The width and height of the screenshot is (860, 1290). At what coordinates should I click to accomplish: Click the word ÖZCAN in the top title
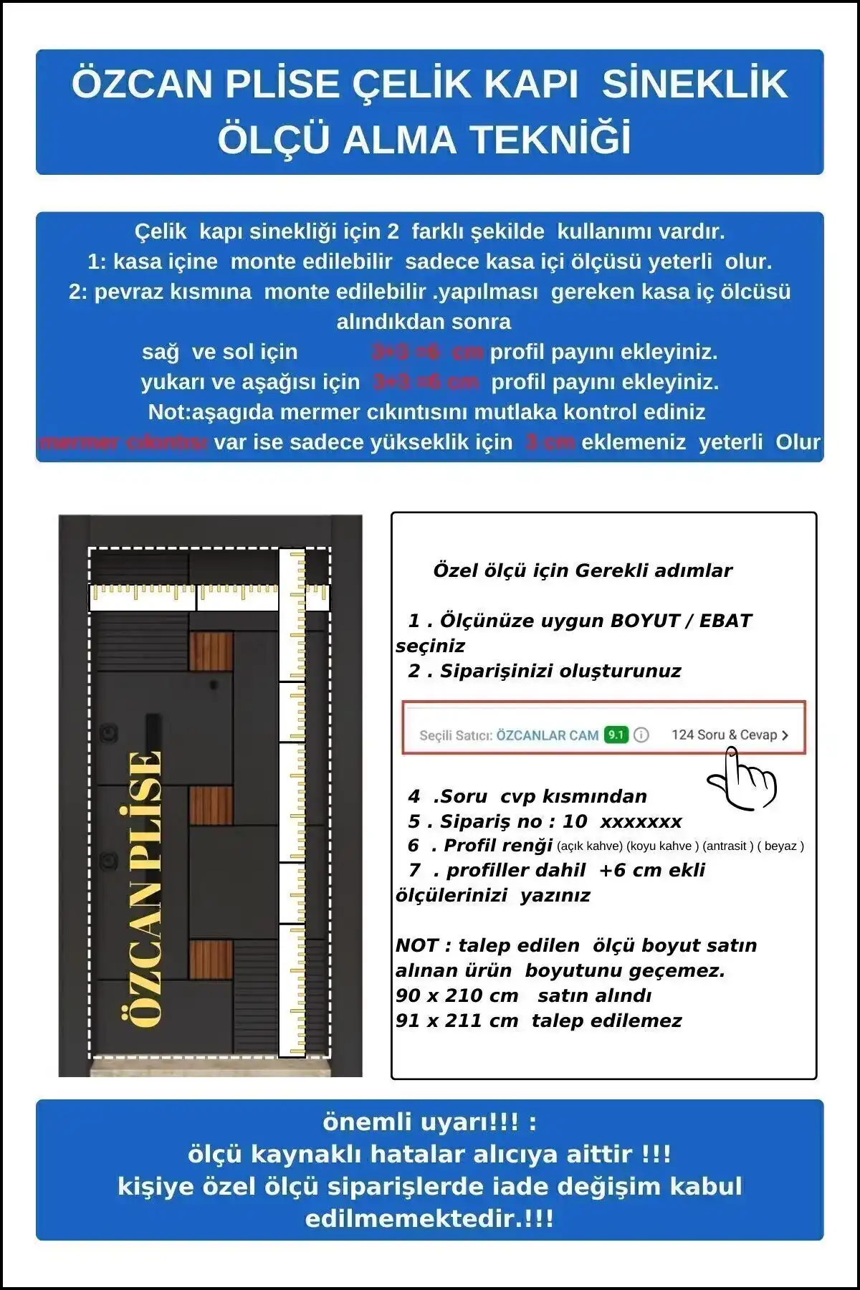click(141, 84)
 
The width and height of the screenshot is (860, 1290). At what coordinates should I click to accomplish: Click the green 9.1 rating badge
click(616, 735)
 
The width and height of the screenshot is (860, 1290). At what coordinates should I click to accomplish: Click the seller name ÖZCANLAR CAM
click(548, 735)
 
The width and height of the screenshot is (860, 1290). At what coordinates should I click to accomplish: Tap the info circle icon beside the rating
click(641, 735)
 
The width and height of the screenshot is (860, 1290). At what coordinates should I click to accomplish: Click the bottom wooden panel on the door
click(211, 960)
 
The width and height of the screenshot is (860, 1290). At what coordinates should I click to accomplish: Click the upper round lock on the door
click(108, 732)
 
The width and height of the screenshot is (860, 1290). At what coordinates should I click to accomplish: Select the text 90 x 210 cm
click(457, 995)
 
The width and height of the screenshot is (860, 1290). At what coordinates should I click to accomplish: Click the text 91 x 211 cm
click(457, 1021)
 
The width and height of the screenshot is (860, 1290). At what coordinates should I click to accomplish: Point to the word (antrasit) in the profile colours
click(727, 846)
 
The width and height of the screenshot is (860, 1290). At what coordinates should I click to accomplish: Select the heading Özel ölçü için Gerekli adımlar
click(582, 570)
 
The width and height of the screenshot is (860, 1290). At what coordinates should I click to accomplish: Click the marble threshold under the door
click(210, 1066)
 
